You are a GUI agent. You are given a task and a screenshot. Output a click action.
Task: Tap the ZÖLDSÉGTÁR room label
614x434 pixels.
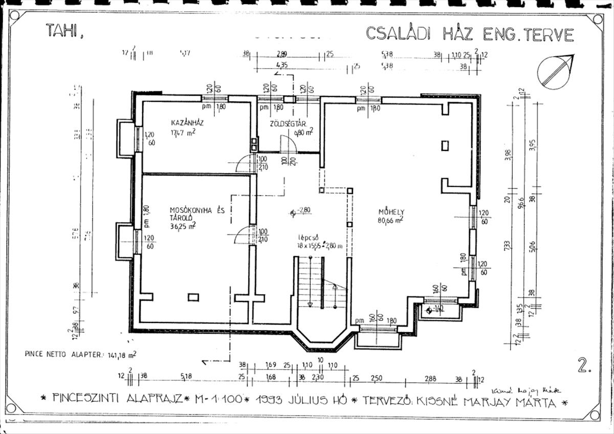(288, 124)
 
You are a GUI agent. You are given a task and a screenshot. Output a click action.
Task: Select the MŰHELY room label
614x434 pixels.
(391, 211)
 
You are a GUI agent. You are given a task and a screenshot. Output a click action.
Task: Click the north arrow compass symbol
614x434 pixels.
(557, 71)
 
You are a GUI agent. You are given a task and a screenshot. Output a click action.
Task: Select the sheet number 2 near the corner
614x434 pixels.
(584, 365)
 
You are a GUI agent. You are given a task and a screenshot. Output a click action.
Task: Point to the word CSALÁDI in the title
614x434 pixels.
(397, 34)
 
